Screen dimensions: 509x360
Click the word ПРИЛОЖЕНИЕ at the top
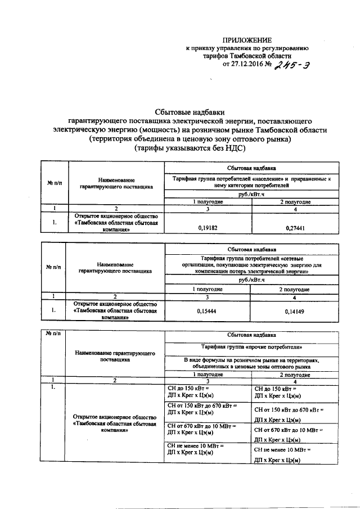point(247,40)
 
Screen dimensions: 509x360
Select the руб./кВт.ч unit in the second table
point(251,280)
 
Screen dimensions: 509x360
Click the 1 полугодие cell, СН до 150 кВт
point(208,392)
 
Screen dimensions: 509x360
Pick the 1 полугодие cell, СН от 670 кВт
point(208,430)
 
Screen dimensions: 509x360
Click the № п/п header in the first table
point(55,182)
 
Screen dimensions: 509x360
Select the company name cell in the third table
point(115,421)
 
